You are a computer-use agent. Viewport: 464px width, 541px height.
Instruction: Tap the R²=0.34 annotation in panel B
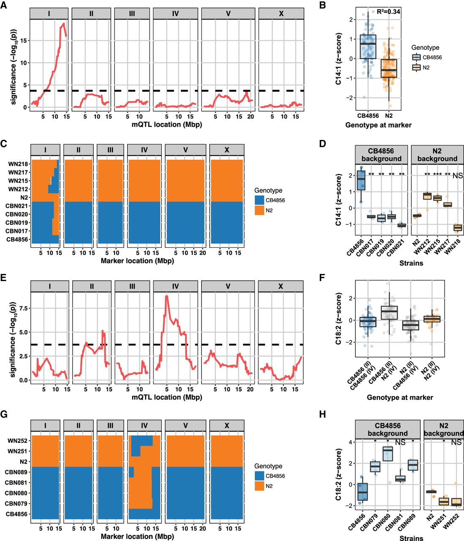pyautogui.click(x=388, y=11)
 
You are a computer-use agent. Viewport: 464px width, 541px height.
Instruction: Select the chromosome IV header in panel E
pyautogui.click(x=175, y=287)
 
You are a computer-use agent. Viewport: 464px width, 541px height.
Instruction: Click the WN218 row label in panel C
pyautogui.click(x=19, y=164)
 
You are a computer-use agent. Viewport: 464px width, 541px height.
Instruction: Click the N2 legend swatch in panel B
pyautogui.click(x=416, y=67)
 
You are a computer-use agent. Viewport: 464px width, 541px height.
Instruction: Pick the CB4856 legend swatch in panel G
pyautogui.click(x=259, y=476)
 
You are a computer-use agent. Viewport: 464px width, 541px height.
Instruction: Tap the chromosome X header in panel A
pyautogui.click(x=281, y=14)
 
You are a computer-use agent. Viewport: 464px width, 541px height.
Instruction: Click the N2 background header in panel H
pyautogui.click(x=443, y=429)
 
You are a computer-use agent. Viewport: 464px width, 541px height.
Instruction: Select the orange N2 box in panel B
pyautogui.click(x=388, y=68)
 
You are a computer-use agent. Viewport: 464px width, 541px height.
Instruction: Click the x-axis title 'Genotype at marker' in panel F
pyautogui.click(x=400, y=397)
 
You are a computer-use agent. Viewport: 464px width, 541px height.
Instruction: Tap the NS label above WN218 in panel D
pyautogui.click(x=458, y=175)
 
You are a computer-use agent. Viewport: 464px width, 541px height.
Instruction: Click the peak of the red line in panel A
pyautogui.click(x=63, y=23)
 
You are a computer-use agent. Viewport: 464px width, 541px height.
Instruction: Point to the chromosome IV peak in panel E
pyautogui.click(x=167, y=296)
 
